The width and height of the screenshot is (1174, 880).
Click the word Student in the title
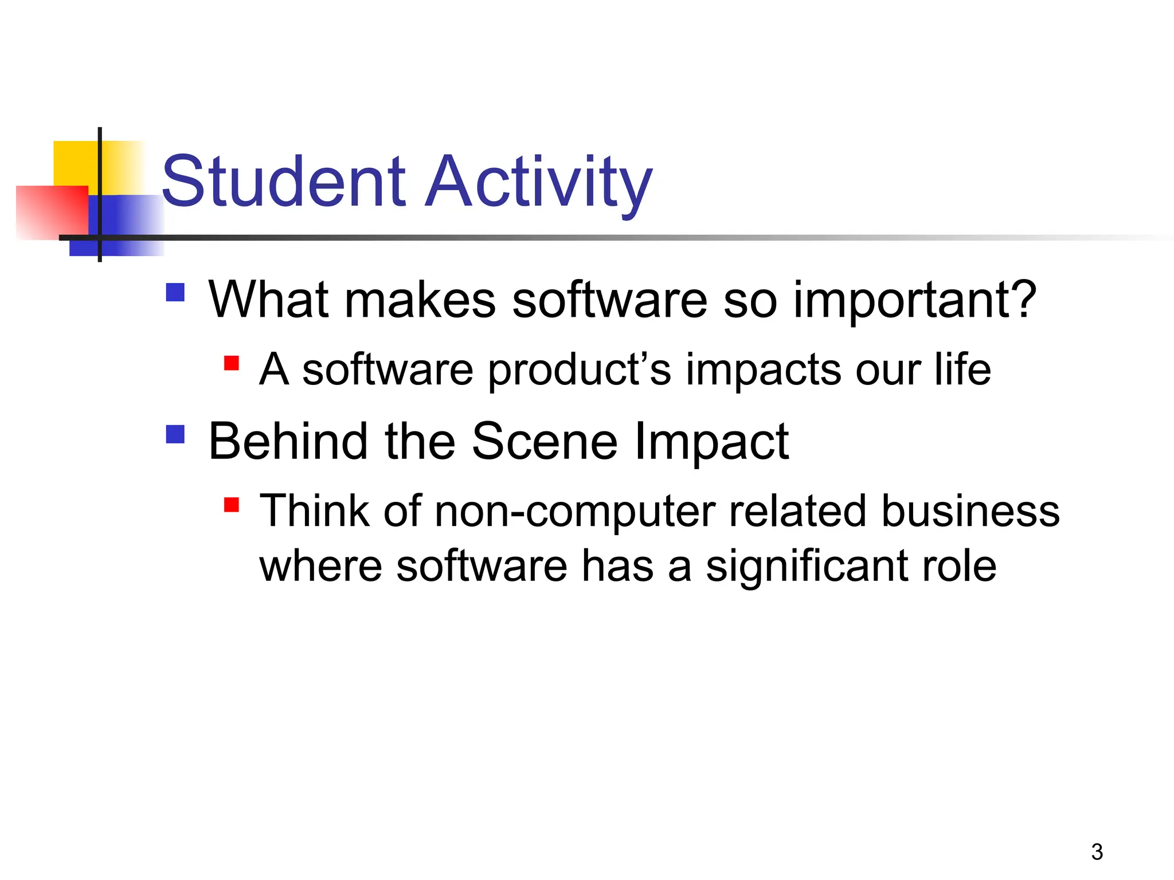[284, 182]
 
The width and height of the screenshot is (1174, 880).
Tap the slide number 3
[1097, 852]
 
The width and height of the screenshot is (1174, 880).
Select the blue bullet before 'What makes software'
[175, 292]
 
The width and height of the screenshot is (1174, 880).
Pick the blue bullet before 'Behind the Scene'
[175, 434]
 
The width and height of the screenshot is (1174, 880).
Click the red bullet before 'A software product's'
[232, 363]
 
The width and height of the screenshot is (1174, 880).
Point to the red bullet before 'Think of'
[232, 505]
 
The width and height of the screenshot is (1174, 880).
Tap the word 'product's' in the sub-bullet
[580, 370]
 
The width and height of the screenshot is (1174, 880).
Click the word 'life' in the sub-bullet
[962, 370]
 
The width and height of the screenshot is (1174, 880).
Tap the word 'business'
[970, 511]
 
